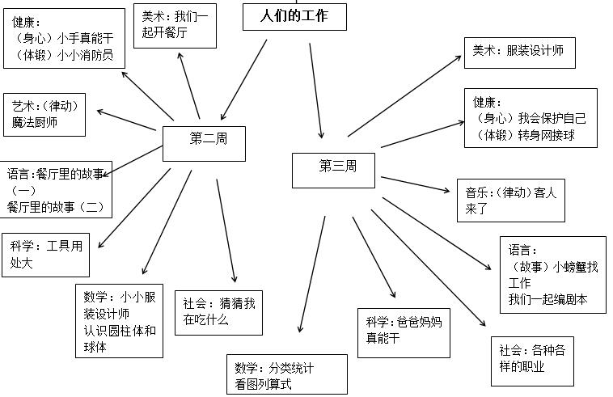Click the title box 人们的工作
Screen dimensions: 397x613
pyautogui.click(x=294, y=16)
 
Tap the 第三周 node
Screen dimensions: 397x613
pyautogui.click(x=336, y=168)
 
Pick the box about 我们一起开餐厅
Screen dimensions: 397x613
pyautogui.click(x=175, y=26)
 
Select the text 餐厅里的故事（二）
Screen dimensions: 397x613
pyautogui.click(x=56, y=206)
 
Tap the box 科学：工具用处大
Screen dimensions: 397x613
pyautogui.click(x=46, y=254)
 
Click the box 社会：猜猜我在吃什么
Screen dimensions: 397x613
pyautogui.click(x=218, y=312)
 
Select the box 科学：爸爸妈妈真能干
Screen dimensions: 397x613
pyautogui.click(x=404, y=330)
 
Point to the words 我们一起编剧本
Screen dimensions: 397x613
pyautogui.click(x=547, y=300)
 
